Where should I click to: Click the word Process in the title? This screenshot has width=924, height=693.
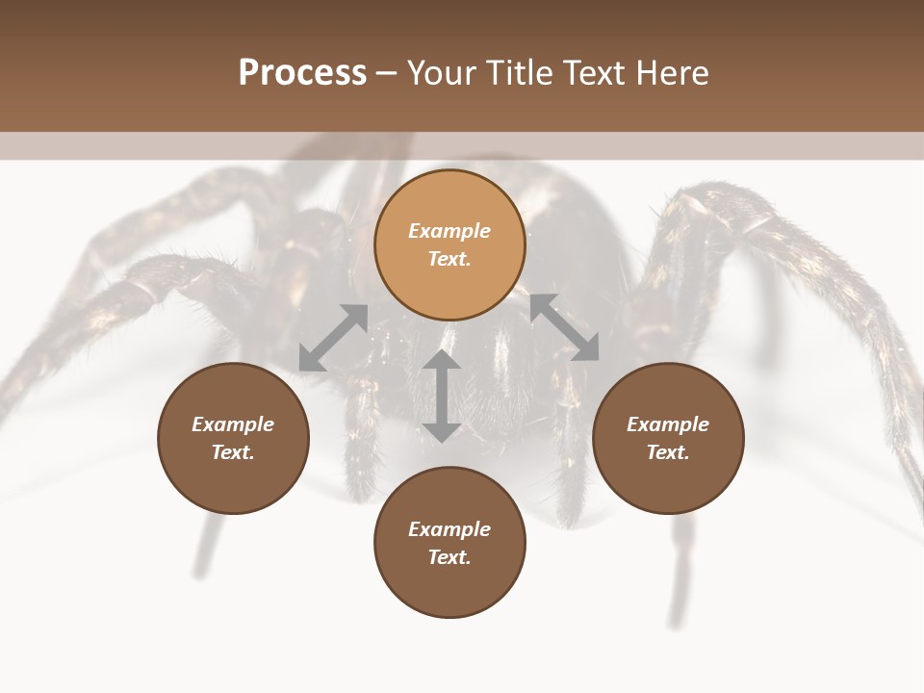(x=302, y=73)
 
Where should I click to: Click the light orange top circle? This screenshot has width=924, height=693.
(x=449, y=244)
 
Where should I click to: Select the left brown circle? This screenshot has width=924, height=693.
(x=233, y=438)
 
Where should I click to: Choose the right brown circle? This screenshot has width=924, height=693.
(x=668, y=438)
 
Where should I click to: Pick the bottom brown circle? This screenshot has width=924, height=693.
(x=449, y=543)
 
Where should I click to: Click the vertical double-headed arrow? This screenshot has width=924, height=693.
(x=442, y=397)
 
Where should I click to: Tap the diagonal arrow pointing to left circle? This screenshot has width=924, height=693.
(x=333, y=338)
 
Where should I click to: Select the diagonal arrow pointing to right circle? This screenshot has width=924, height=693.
(x=564, y=327)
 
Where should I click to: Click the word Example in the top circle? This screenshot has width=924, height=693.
(x=449, y=231)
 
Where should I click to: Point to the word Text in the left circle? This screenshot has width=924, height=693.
(x=233, y=452)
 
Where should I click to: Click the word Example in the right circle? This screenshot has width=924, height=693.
(x=668, y=424)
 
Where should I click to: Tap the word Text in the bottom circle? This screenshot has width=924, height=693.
(x=449, y=557)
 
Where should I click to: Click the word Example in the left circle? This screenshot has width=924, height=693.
(x=233, y=424)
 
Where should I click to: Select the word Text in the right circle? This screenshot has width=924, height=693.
(x=668, y=452)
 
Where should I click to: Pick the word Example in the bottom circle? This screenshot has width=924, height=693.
(x=449, y=529)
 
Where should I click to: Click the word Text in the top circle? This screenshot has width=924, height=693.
(x=449, y=259)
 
